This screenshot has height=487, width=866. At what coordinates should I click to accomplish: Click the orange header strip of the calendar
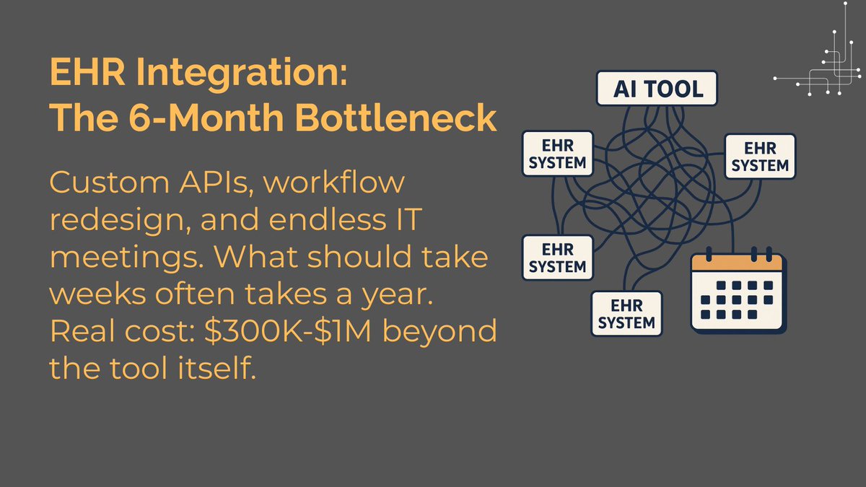point(736,263)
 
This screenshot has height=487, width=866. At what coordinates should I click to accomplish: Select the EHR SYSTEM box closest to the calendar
point(626,313)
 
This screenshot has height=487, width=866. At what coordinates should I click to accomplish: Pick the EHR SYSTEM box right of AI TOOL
point(760,156)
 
